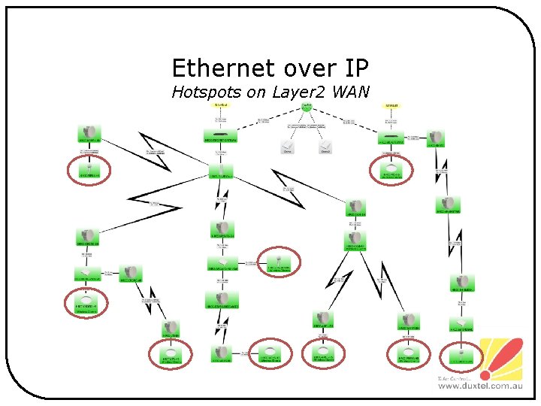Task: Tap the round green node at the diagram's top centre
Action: [x=306, y=107]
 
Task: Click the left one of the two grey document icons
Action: [x=287, y=147]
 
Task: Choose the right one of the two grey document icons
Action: [x=325, y=147]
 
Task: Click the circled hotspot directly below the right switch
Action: [x=391, y=171]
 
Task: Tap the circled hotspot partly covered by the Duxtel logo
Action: [x=459, y=355]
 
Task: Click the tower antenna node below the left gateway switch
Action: [x=220, y=172]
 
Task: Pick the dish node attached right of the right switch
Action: [x=437, y=140]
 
